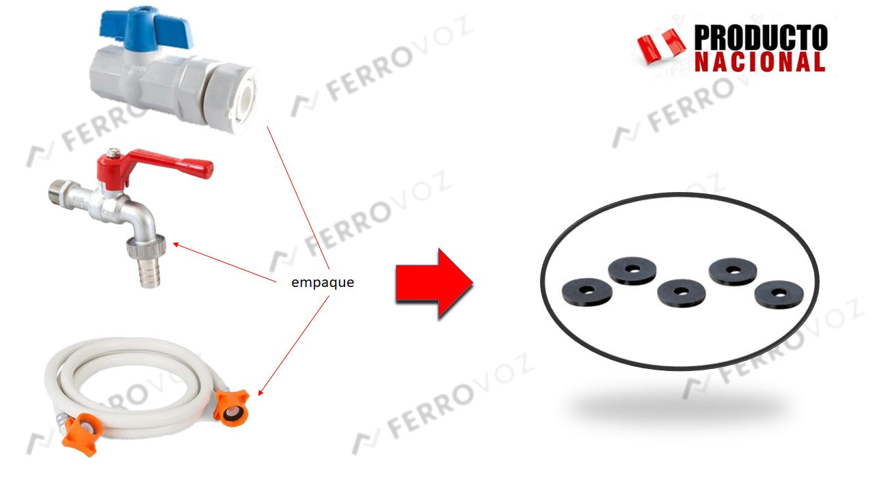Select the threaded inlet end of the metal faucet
click(x=59, y=191)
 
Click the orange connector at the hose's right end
click(x=231, y=407)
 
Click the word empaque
click(x=323, y=282)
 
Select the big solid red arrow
click(x=434, y=283)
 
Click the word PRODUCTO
click(x=761, y=38)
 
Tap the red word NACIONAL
click(x=759, y=61)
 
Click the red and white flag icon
click(x=661, y=46)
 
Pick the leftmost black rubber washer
click(x=587, y=292)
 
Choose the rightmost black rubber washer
click(x=779, y=295)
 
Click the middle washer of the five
click(x=682, y=292)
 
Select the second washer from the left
click(x=632, y=270)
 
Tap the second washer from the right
click(x=733, y=271)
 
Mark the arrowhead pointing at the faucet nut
click(x=176, y=245)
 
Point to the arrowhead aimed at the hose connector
click(x=260, y=392)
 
